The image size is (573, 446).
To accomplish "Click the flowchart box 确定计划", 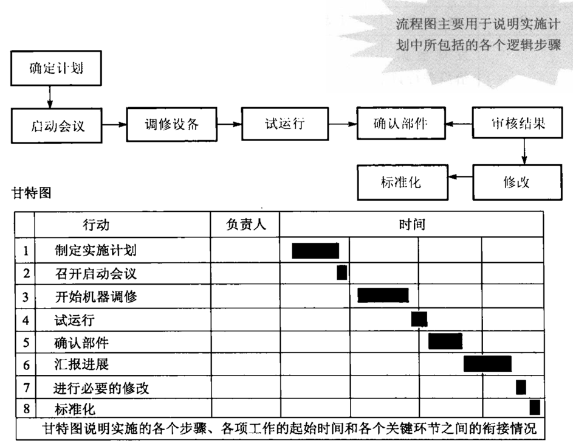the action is coord(56,68).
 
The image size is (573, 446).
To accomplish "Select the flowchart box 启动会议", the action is coord(57,125).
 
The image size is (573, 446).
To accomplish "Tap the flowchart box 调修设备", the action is coord(172,124).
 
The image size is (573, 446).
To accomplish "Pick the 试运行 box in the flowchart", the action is coord(285,124).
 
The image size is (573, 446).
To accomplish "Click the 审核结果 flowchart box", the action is coord(517,122).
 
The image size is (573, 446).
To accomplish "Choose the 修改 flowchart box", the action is coord(517,182).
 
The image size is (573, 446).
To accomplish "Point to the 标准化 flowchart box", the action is coord(403,182).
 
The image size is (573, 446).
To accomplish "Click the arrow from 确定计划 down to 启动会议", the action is coord(50,97).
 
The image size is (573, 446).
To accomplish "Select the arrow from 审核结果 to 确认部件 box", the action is coord(459,124).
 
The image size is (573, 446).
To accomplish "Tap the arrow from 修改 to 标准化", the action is coord(461,177).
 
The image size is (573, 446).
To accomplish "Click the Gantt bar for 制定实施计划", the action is coord(315,251).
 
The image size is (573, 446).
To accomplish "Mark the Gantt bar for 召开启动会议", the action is coord(341,273).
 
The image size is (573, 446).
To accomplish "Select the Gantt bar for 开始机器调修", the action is coord(383,295).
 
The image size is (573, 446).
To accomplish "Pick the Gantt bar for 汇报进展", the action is coord(487,364).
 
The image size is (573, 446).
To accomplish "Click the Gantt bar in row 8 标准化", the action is coord(535,408).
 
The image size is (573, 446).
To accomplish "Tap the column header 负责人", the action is coord(245,225).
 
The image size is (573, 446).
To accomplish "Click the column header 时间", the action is coord(412,225).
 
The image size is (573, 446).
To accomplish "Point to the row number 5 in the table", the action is coord(26,343).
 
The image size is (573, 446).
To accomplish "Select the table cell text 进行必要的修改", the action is coord(101,388).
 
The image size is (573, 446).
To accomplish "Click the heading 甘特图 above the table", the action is coord(32,193).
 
